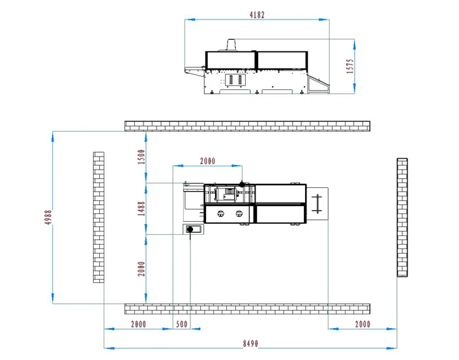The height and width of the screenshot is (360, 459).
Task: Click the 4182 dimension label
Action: (x=257, y=14)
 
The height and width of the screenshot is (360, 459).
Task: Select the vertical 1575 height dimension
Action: (x=350, y=67)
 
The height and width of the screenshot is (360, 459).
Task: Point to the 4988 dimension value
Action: (x=48, y=217)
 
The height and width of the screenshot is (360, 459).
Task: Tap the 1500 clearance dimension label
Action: (x=141, y=157)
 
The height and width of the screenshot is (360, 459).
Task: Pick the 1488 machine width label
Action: (x=141, y=209)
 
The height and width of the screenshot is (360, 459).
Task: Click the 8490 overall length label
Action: (x=250, y=343)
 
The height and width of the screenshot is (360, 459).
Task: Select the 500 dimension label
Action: (x=182, y=324)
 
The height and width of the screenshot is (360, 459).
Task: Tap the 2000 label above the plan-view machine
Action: (x=207, y=161)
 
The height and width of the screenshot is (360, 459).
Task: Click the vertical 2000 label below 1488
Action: (x=141, y=269)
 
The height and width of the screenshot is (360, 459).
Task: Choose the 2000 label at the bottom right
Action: (x=363, y=324)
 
